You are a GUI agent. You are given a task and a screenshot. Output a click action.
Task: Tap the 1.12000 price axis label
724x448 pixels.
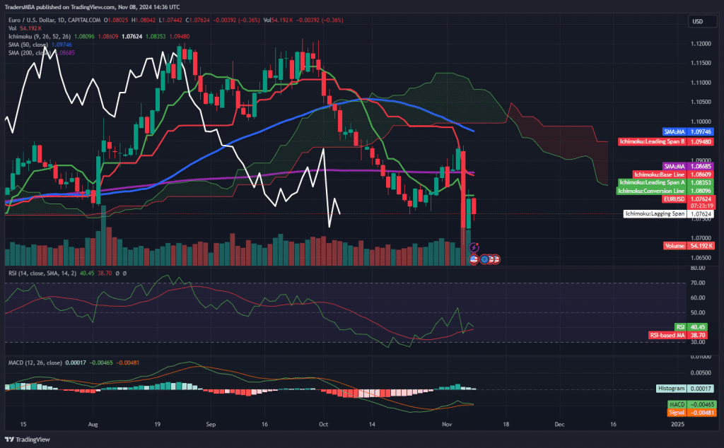click(700, 44)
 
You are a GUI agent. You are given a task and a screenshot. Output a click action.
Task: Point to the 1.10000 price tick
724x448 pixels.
click(700, 122)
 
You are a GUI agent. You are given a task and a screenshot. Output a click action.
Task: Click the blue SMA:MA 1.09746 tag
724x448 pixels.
click(687, 131)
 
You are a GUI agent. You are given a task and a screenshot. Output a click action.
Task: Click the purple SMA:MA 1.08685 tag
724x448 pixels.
click(687, 166)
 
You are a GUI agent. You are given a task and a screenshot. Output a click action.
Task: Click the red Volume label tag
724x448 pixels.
click(674, 245)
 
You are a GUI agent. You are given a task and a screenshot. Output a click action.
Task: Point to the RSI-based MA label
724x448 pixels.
click(667, 334)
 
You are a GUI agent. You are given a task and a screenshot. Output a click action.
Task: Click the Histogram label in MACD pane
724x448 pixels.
click(671, 389)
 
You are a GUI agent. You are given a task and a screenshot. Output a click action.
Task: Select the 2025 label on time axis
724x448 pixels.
click(677, 424)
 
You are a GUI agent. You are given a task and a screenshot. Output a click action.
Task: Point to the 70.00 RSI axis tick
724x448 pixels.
click(699, 283)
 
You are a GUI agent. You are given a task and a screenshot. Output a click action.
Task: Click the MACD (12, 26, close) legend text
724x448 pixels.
click(35, 363)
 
